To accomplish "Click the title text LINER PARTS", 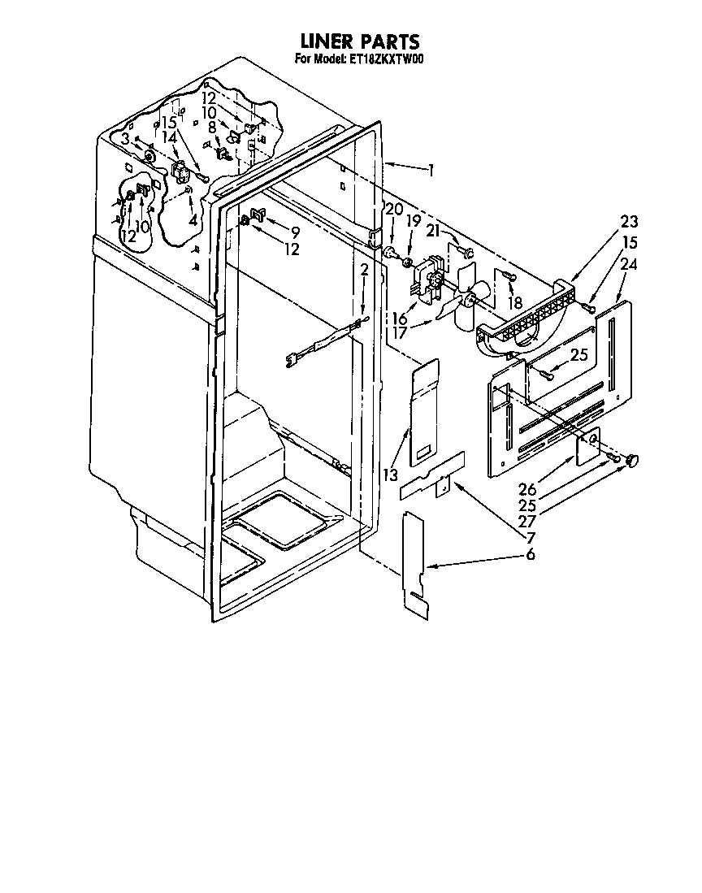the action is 360,41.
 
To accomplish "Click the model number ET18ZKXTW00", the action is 383,59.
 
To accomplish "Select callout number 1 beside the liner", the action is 431,170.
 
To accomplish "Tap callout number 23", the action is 629,221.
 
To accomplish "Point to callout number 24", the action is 629,264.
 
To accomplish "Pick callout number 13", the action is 391,474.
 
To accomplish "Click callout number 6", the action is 530,553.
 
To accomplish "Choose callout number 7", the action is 531,537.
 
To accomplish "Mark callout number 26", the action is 527,488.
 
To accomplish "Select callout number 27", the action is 527,521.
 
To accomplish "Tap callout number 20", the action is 394,210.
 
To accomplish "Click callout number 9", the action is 294,232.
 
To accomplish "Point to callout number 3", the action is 125,138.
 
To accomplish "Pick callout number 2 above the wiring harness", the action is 364,270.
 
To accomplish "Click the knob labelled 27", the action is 632,460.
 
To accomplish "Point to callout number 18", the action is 514,301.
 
